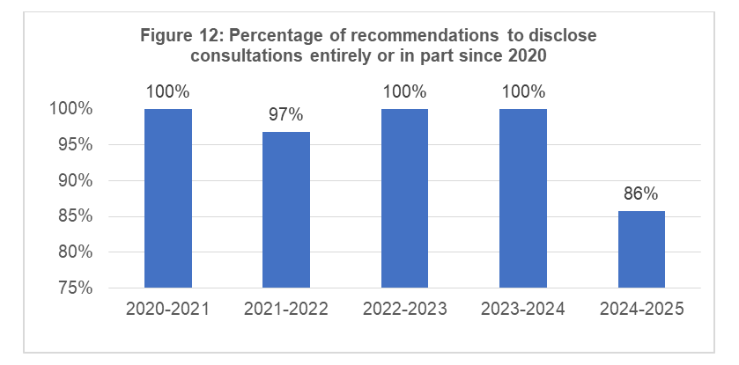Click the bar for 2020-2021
(168, 198)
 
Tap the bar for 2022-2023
(404, 198)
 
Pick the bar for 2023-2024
(523, 198)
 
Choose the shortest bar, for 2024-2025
(641, 249)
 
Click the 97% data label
(286, 114)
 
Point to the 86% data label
(641, 193)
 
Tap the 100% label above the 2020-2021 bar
(168, 91)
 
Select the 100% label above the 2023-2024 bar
(523, 91)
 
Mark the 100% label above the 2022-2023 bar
(404, 91)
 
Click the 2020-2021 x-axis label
(168, 310)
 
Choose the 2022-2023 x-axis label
(404, 310)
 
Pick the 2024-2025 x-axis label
(641, 310)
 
